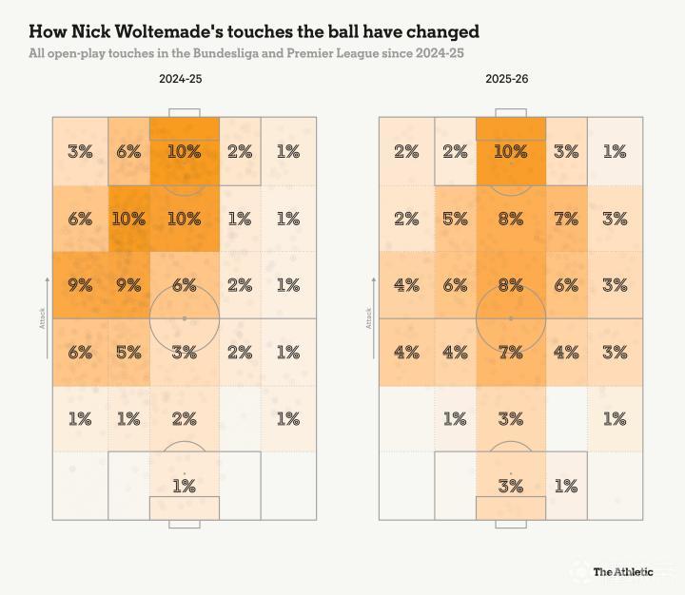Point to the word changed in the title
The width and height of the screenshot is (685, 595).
tap(445, 31)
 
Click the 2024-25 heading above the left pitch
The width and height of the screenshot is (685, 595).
tap(180, 80)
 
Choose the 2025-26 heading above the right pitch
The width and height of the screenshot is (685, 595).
tap(506, 80)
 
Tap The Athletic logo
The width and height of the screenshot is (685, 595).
tap(623, 571)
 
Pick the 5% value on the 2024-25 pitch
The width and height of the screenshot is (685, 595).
tap(128, 352)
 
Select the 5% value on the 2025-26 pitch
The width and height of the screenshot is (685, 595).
tap(455, 219)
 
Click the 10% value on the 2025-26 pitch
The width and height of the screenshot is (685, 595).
tap(511, 151)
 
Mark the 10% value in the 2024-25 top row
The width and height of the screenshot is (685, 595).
tap(184, 151)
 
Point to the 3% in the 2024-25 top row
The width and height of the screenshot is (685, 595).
tap(80, 151)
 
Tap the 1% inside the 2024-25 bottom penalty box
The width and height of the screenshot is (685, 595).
tap(184, 486)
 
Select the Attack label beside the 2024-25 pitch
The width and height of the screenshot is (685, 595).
tap(42, 323)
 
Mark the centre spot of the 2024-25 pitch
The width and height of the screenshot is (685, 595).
tap(184, 318)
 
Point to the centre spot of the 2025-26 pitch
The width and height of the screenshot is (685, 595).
tap(511, 318)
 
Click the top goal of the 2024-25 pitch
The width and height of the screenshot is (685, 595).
tap(184, 113)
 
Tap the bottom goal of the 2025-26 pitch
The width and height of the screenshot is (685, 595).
tap(511, 524)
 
